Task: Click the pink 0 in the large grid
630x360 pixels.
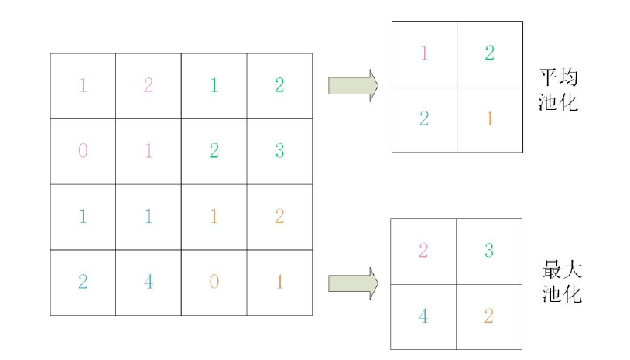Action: (x=83, y=150)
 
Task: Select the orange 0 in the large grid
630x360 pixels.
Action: (x=214, y=282)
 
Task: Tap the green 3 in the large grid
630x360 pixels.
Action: (x=279, y=150)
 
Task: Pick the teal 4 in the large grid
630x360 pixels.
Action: (x=149, y=282)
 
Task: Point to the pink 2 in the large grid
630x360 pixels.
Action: (x=149, y=85)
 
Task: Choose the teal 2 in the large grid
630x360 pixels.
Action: (x=83, y=282)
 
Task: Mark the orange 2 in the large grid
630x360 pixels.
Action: (x=279, y=216)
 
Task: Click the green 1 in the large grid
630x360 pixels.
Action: (x=214, y=85)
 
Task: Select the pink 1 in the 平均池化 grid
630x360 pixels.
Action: (x=423, y=53)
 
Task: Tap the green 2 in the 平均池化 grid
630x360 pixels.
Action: (x=489, y=53)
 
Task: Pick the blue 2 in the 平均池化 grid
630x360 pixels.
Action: (x=423, y=119)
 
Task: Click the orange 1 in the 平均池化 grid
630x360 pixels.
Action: (x=489, y=119)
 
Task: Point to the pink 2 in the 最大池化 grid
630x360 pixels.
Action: (x=423, y=251)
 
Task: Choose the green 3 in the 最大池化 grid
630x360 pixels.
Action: (x=488, y=251)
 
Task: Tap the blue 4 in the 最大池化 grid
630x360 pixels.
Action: (x=423, y=317)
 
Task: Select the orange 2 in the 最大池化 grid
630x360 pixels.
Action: (x=488, y=317)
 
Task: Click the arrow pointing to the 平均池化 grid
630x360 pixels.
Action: (x=353, y=85)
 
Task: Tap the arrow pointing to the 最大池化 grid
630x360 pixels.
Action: (x=353, y=282)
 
